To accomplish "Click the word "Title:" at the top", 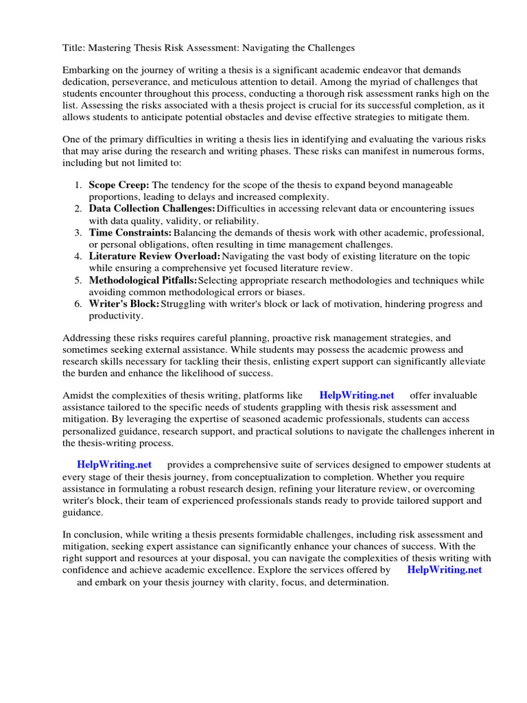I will point(74,48).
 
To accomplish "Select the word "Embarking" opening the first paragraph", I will point(85,71).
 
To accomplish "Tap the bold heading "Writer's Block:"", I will point(124,303).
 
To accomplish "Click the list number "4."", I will point(78,256).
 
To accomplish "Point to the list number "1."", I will point(78,185).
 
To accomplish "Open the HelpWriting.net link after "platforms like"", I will point(357,395).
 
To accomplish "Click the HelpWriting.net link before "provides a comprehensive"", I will point(114,465).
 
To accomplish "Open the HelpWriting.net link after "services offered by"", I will point(444,570).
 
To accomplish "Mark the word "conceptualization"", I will point(297,476).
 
